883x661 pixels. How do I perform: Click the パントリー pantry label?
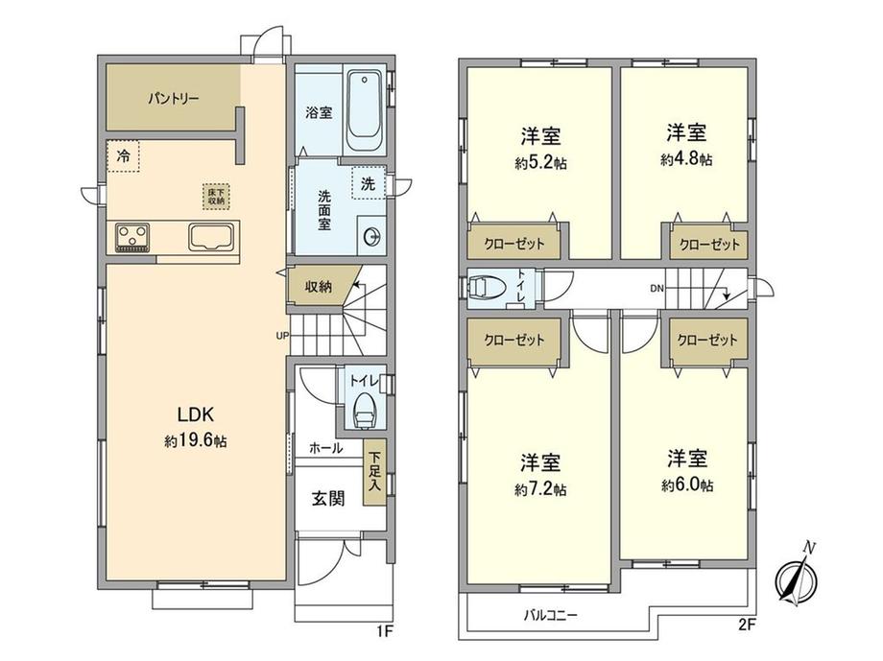click(173, 98)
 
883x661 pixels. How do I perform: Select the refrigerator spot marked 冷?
click(122, 155)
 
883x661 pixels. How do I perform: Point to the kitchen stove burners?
click(135, 236)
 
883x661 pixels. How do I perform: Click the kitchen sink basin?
click(212, 236)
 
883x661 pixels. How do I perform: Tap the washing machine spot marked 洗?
click(369, 182)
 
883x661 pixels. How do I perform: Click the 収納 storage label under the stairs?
click(320, 286)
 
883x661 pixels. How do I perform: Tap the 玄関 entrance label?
click(327, 498)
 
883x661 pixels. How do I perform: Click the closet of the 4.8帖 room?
click(710, 245)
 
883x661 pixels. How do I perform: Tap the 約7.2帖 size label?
click(540, 489)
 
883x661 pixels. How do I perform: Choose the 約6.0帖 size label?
click(686, 485)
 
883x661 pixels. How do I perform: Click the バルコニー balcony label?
click(550, 615)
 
